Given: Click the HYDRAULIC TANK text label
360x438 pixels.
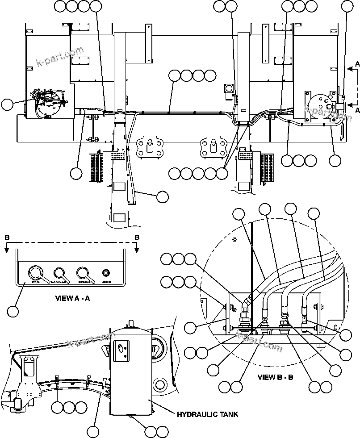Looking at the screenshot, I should click(207, 414).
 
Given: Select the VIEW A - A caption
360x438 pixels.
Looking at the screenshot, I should click(72, 298).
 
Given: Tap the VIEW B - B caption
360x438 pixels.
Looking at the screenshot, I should click(275, 377).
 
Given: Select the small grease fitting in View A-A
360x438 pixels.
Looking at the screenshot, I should click(106, 272).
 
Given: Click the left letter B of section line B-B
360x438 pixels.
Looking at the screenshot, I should click(7, 237).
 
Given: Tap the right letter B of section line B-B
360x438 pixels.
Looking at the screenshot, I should click(137, 237).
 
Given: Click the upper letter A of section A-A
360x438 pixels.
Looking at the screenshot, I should click(357, 64).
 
